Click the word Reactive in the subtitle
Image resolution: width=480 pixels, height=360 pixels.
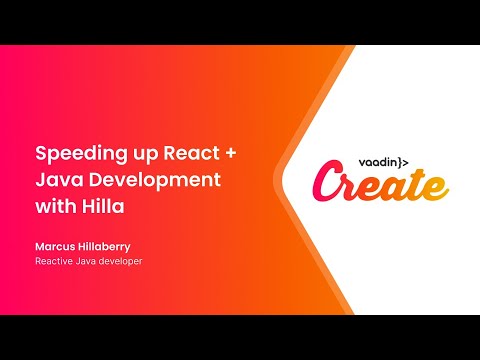tap(58, 262)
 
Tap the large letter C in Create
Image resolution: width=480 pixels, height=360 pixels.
tap(327, 185)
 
